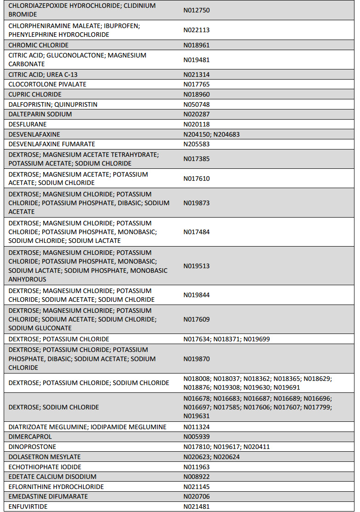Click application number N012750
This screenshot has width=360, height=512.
coord(197,10)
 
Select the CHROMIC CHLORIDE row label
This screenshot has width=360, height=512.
coord(38,45)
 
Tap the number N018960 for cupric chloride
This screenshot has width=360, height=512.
coord(197,94)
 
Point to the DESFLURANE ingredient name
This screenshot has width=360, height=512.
coord(27,124)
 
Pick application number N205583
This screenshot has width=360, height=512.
coord(197,144)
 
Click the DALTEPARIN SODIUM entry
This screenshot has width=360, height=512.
coord(40,114)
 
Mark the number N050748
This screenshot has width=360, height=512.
coord(197,104)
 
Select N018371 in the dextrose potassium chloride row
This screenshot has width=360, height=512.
coord(226,339)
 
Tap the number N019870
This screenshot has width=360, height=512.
coord(197,359)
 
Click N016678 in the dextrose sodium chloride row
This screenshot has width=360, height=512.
coord(197,398)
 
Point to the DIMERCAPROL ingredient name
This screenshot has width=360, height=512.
coord(30,437)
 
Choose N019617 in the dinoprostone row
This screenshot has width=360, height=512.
coord(226,447)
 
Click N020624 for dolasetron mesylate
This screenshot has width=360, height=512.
coord(226,457)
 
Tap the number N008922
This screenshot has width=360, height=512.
coord(197,477)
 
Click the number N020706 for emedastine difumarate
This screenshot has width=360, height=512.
coord(197,496)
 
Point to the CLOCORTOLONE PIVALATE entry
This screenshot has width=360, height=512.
coord(47,84)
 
